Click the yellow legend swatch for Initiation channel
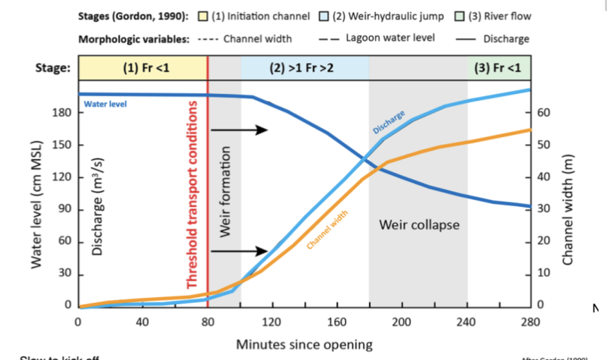pyautogui.click(x=200, y=16)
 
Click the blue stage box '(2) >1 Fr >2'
pyautogui.click(x=304, y=68)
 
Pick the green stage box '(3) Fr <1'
pyautogui.click(x=498, y=68)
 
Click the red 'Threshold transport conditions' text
pyautogui.click(x=193, y=197)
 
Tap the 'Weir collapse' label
pyautogui.click(x=419, y=225)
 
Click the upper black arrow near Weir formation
pyautogui.click(x=239, y=130)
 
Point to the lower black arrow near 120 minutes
pyautogui.click(x=239, y=251)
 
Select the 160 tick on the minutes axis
pyautogui.click(x=337, y=322)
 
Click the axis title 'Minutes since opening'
pyautogui.click(x=303, y=344)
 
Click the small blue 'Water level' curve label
pyautogui.click(x=105, y=104)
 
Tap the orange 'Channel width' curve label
pyautogui.click(x=328, y=232)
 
